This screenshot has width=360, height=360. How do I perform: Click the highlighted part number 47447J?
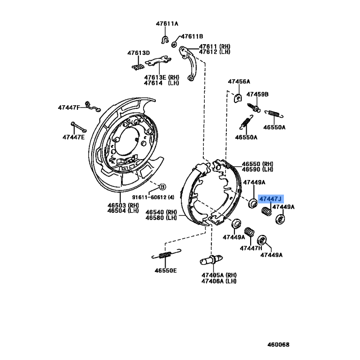coord(270,199)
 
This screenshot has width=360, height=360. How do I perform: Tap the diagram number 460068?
coord(278,345)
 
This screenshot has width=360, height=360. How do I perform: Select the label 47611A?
coord(167,24)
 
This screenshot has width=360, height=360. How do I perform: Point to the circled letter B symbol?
coord(162,187)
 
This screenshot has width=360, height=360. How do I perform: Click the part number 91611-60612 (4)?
coord(153,197)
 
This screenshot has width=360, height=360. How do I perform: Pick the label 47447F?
coord(69,108)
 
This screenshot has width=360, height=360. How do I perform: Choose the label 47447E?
coord(73,137)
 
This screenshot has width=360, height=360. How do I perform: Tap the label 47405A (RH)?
coord(219,275)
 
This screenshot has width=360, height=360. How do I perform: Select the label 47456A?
coord(239,81)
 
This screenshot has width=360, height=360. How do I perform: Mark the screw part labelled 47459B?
coord(254,108)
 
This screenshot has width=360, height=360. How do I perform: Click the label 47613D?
coord(139,53)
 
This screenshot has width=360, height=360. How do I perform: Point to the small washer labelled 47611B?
coord(175,44)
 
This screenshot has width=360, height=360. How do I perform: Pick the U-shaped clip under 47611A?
coord(165,40)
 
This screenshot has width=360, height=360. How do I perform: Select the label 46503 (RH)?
coord(123,205)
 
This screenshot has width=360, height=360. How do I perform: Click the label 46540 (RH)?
coord(161,212)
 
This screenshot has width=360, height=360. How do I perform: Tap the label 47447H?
coord(251,248)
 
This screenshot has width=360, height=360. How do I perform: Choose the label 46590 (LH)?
coord(257,170)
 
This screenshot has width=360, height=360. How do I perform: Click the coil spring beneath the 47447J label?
coord(266,211)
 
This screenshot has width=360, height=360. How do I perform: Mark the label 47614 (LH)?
coord(162,83)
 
